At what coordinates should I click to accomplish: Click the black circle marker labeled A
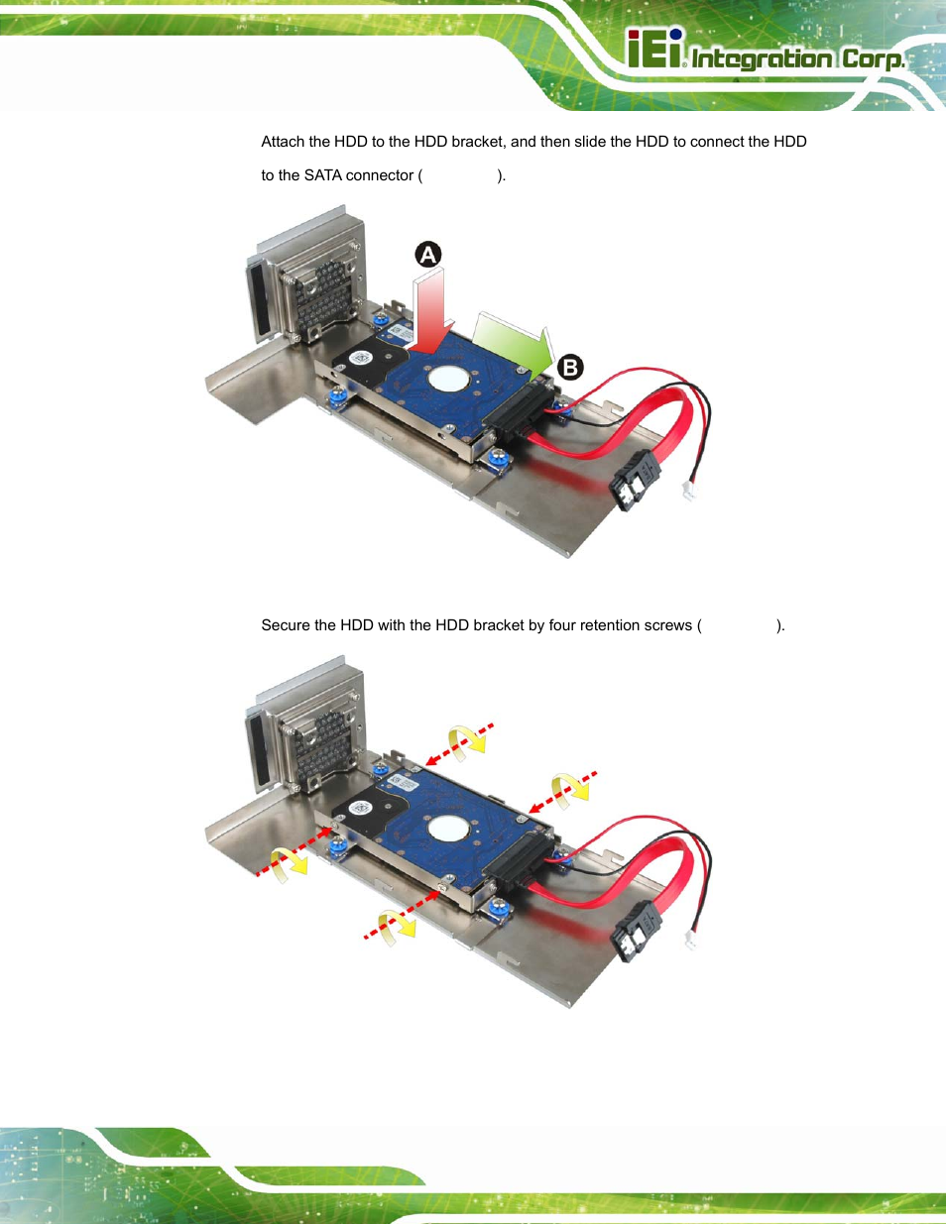click(x=427, y=255)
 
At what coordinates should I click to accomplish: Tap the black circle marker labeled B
click(x=570, y=368)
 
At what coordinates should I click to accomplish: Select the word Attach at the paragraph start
click(x=284, y=142)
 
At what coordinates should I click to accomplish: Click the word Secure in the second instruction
click(x=286, y=625)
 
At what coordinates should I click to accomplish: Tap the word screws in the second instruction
click(x=666, y=625)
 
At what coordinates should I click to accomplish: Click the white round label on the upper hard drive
click(x=447, y=380)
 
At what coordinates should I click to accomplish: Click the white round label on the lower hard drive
click(x=447, y=829)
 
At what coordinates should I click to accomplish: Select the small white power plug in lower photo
click(x=690, y=939)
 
